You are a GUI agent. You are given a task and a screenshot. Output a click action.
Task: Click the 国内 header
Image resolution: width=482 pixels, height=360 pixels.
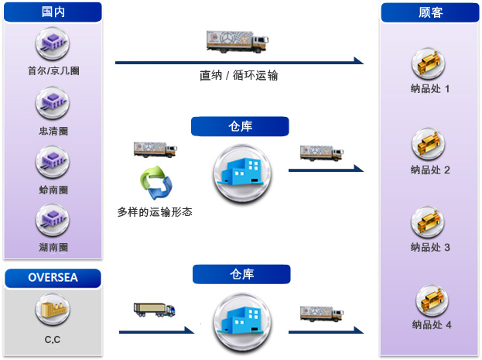[53, 12]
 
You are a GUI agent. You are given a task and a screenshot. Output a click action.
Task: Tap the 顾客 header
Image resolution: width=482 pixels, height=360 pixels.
[430, 12]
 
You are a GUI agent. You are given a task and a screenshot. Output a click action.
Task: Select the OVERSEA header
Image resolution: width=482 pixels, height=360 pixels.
[53, 278]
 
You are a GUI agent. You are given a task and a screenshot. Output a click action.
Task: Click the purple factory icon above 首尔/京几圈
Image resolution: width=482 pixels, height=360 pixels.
[53, 43]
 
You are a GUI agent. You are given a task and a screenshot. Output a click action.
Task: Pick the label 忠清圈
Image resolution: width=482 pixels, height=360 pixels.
[53, 131]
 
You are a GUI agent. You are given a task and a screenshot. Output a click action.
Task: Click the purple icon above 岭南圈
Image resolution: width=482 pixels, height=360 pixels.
[53, 162]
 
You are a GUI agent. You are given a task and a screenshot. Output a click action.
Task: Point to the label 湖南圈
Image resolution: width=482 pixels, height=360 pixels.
[53, 247]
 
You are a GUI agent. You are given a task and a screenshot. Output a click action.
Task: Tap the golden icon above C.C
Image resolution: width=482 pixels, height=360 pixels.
[53, 309]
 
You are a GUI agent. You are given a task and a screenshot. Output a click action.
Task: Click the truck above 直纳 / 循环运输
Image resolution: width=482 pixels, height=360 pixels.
[238, 42]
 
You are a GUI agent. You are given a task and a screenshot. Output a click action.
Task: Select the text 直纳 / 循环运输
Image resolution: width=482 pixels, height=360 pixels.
[239, 75]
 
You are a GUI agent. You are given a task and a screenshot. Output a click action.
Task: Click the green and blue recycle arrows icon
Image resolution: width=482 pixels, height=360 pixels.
[156, 183]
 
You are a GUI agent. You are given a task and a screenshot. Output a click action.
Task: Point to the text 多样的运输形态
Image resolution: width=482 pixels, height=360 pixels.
[155, 212]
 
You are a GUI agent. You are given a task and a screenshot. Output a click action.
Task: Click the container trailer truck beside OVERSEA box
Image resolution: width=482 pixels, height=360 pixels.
[154, 310]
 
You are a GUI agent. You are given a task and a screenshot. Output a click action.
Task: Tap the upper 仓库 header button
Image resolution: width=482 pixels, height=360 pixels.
[240, 126]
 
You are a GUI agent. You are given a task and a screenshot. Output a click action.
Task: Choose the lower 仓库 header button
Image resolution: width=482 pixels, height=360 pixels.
[241, 274]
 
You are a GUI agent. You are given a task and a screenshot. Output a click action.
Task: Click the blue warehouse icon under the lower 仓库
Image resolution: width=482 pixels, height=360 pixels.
[242, 322]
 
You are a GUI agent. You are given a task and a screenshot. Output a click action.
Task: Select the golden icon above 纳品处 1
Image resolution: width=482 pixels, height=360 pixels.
[428, 63]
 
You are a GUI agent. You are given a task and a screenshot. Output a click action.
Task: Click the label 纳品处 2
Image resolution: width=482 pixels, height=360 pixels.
[430, 170]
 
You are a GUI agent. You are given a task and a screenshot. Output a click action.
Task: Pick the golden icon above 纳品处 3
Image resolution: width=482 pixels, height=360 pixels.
[428, 222]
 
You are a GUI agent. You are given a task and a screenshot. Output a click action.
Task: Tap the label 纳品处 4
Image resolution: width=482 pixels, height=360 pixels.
[432, 324]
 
